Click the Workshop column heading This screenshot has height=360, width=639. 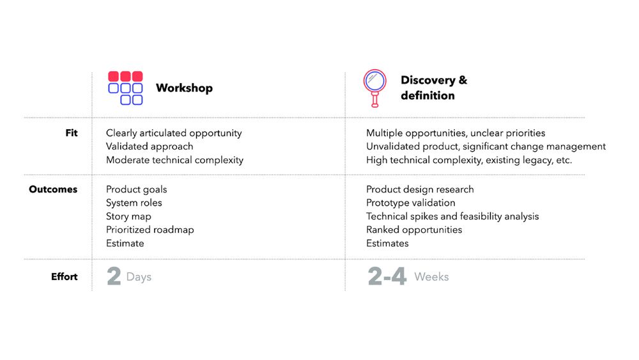[x=184, y=88]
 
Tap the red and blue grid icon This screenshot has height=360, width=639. [x=125, y=88]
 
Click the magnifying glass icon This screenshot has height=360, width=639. [x=374, y=88]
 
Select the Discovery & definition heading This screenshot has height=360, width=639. [x=434, y=88]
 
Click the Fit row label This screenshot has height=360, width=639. [x=72, y=133]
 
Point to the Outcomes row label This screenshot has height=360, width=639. [x=53, y=189]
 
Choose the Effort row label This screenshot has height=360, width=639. [x=65, y=277]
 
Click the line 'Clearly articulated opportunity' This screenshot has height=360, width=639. [x=174, y=133]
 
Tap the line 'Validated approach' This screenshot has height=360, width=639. [x=150, y=147]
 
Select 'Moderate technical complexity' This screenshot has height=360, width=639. [x=174, y=160]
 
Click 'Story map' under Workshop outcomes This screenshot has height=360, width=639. [x=128, y=217]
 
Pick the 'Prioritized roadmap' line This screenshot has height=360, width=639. [x=150, y=230]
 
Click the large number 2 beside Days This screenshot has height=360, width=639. [x=114, y=276]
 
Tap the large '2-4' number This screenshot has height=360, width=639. [x=387, y=276]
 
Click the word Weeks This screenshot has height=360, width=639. [x=431, y=277]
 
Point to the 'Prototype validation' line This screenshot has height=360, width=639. [x=411, y=203]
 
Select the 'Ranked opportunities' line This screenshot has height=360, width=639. [x=414, y=230]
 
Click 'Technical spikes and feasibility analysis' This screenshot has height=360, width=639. [x=452, y=217]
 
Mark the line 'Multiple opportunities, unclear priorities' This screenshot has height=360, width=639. [x=456, y=133]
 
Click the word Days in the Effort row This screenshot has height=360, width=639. [x=139, y=278]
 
